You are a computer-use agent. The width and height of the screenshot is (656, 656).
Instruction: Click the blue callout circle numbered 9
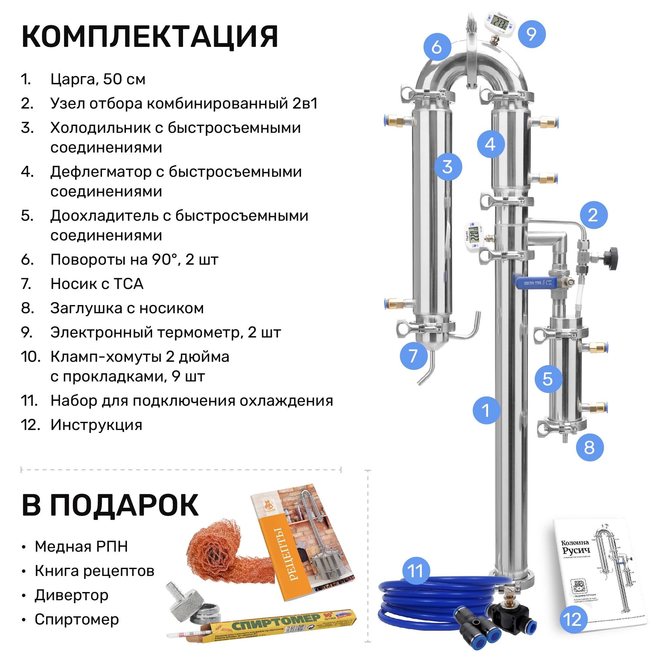tap(531, 34)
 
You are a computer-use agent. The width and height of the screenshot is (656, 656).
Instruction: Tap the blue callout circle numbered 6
tap(437, 47)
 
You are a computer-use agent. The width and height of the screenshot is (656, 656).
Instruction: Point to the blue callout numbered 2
tap(593, 215)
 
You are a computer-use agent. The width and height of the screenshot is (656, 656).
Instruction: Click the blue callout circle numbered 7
tap(413, 356)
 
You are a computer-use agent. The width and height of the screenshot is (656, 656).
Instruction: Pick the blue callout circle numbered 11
tap(416, 570)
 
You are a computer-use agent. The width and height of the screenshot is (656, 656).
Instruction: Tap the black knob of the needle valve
tap(613, 258)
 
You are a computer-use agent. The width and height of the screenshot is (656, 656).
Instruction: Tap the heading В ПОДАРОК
tap(110, 505)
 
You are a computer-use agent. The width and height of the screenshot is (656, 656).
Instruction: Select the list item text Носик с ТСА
tap(97, 283)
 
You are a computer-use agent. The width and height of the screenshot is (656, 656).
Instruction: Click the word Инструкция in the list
tap(96, 425)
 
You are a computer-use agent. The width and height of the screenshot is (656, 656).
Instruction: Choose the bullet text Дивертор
tap(71, 595)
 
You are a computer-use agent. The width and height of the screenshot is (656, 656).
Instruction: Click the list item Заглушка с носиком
tap(127, 308)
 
